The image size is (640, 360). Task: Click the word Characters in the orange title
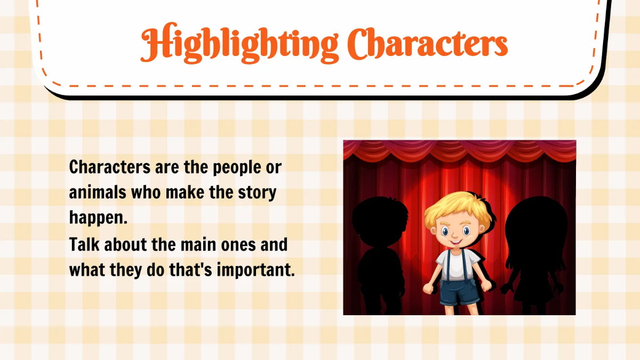pos(431,44)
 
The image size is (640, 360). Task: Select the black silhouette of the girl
pos(533,251)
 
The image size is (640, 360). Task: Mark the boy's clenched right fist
pos(429,289)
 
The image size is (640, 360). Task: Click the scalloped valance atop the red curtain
pos(459,150)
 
